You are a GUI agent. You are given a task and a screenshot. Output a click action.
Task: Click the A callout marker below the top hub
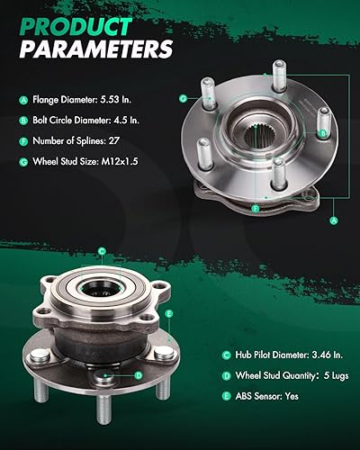pos(334,218)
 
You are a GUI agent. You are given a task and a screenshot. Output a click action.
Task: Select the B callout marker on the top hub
pos(321,133)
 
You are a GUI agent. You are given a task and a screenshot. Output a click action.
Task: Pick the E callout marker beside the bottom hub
pos(167,314)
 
